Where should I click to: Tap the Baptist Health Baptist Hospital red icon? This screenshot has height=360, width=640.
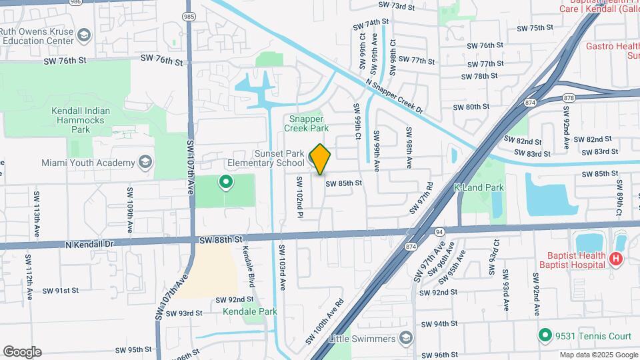[615, 259]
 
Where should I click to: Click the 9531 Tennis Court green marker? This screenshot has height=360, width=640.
[545, 335]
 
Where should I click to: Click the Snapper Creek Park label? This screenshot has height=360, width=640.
[307, 123]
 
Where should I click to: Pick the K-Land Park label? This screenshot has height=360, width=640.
[479, 188]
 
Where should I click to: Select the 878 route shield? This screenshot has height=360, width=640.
[568, 97]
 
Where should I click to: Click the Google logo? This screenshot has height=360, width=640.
[22, 352]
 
